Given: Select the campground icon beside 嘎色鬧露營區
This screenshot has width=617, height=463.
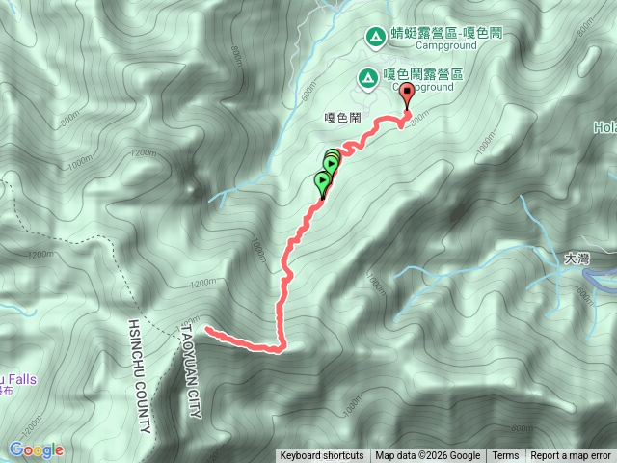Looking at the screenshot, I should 366,76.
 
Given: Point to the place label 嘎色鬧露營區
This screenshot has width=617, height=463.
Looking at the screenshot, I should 423,74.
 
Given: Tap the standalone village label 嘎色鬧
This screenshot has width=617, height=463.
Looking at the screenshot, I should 342,116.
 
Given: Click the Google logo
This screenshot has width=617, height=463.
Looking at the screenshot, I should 36,449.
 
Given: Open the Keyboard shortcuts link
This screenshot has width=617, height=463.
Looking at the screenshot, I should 321,456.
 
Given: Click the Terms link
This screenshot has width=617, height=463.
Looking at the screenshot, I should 505,456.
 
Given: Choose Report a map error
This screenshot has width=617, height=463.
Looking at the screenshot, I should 571,456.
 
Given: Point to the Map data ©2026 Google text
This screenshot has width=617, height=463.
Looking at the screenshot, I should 428,456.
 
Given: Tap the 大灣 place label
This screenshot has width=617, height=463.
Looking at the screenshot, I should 576,259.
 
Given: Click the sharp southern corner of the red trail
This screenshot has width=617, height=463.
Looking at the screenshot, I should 281,349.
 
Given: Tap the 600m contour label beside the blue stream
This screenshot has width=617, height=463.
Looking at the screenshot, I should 308,93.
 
